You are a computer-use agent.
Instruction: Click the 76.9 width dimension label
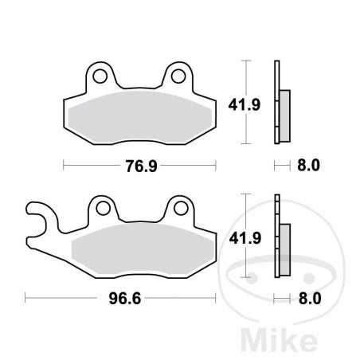click(x=139, y=167)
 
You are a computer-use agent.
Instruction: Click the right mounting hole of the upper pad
click(x=176, y=77)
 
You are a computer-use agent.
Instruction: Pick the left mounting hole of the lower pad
click(x=102, y=209)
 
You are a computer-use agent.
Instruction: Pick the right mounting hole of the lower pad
click(x=176, y=209)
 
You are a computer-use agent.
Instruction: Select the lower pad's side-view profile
click(x=280, y=237)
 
